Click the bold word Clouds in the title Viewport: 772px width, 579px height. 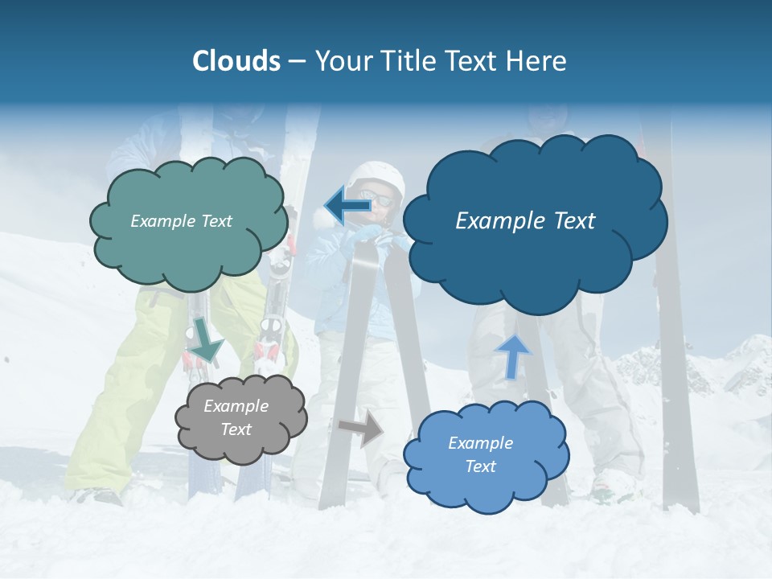tap(236, 61)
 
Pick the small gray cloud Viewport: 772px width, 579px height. tap(240, 418)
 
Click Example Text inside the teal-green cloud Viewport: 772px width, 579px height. tap(181, 221)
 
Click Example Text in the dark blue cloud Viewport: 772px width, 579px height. tap(525, 221)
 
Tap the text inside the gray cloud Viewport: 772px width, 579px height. tap(236, 418)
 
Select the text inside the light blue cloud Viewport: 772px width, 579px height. tap(480, 454)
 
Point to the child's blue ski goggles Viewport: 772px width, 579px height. tap(378, 198)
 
